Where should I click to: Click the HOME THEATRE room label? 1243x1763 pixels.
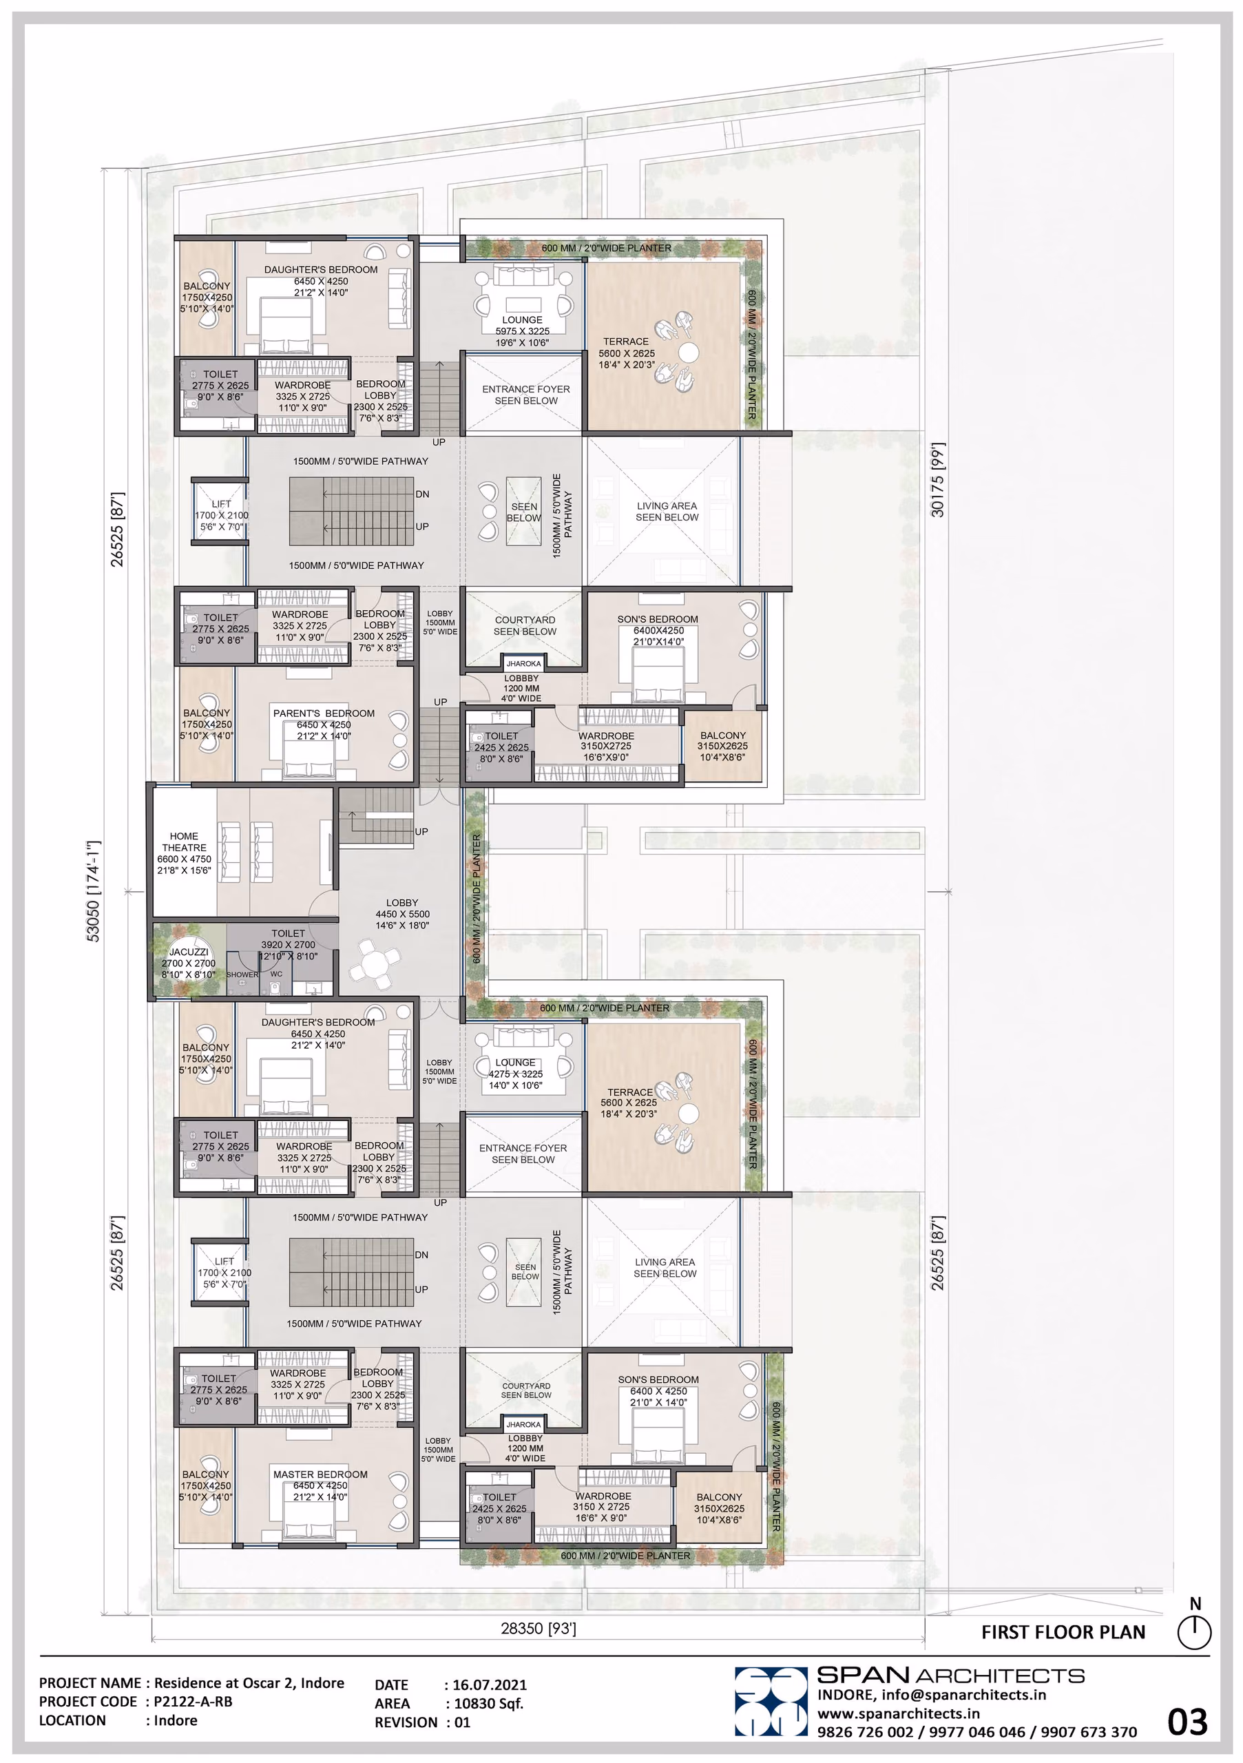tap(185, 842)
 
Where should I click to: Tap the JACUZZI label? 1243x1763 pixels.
tap(189, 952)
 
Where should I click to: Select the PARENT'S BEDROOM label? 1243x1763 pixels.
tap(324, 713)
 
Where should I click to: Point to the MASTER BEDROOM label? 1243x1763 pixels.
tap(320, 1474)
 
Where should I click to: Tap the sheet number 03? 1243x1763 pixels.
tap(1187, 1722)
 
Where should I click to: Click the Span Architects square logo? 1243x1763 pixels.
tap(771, 1702)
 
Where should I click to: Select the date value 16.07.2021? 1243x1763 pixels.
tap(490, 1684)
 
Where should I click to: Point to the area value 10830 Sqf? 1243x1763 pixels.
tap(489, 1703)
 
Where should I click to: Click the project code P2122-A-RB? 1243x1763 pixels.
tap(194, 1702)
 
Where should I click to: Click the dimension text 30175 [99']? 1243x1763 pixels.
tap(938, 480)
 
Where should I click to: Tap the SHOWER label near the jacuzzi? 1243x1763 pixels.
tap(242, 974)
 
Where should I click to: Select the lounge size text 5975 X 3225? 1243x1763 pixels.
tap(522, 331)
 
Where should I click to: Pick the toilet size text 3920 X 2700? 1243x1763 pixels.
tap(288, 944)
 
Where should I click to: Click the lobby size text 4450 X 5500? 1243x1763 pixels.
tap(402, 914)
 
